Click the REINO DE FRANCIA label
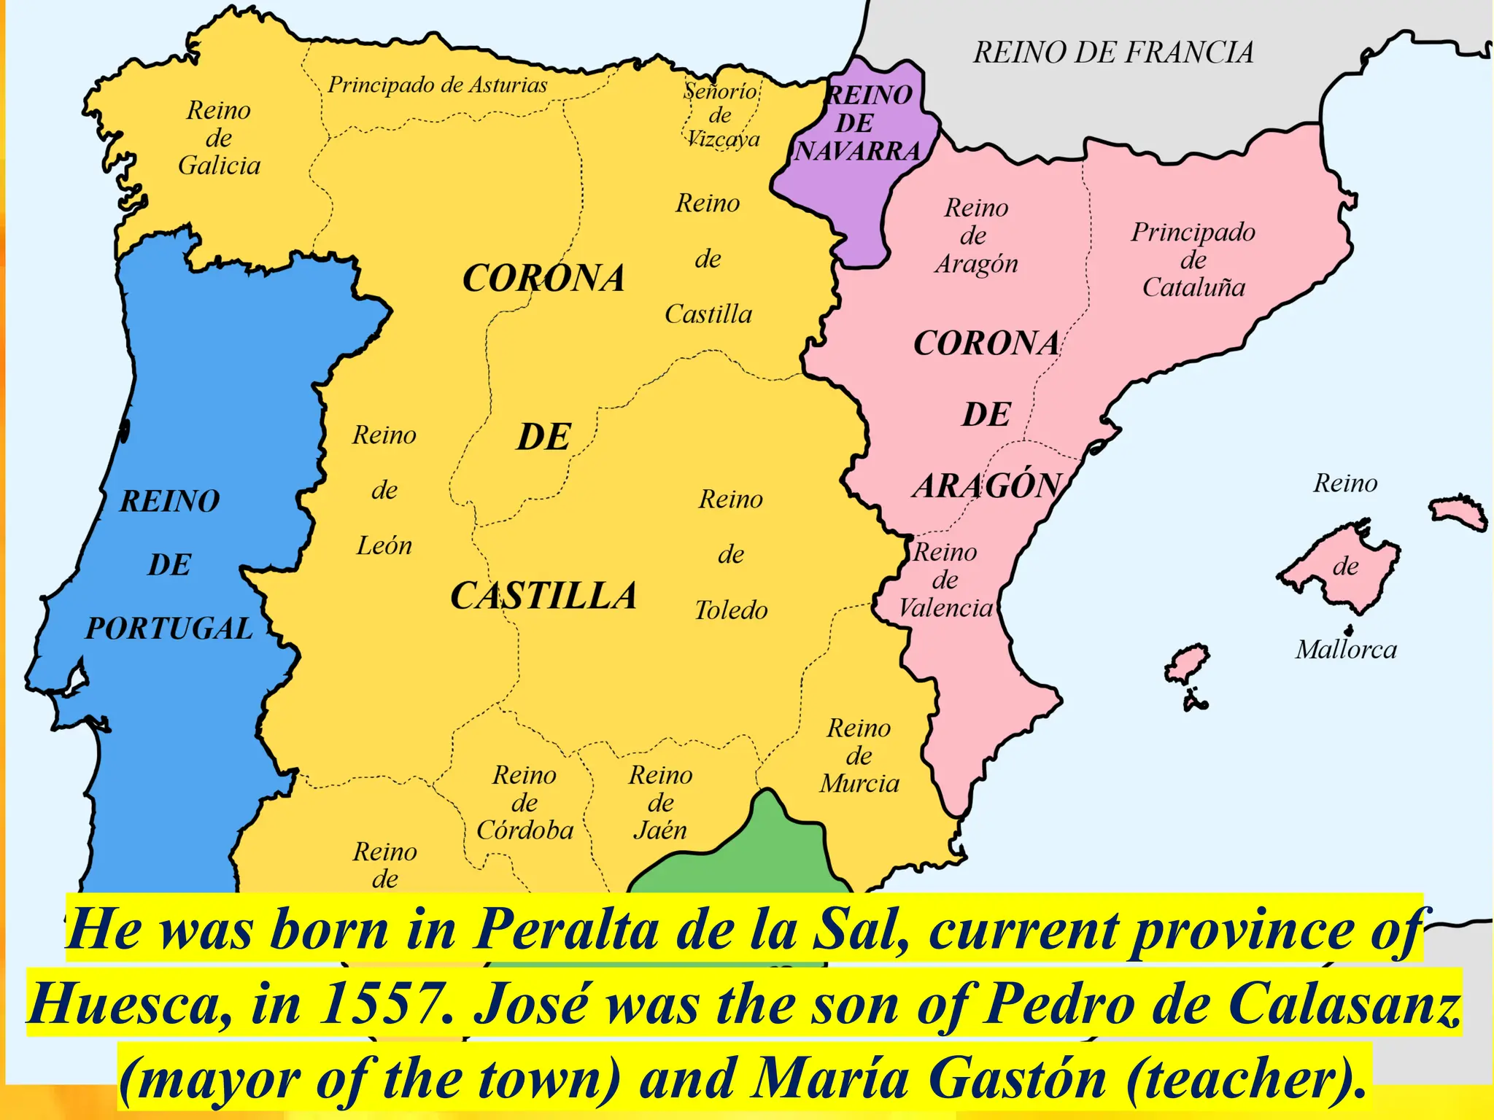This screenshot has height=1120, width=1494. point(1113,52)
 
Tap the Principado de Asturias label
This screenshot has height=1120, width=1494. point(437,85)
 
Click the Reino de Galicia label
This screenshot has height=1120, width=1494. point(219,138)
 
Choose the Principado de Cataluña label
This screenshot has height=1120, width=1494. point(1193,260)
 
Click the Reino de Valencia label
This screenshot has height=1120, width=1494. point(945,580)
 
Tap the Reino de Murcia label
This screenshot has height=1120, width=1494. point(859,755)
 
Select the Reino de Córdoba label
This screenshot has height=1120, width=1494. point(525,802)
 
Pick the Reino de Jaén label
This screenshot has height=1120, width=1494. point(660,802)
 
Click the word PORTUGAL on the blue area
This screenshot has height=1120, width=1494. point(169,629)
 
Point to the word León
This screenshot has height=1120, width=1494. point(384,545)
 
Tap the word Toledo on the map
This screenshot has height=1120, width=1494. point(731,610)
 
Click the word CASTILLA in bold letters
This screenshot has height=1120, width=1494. point(543,596)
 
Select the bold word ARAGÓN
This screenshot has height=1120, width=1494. point(987,486)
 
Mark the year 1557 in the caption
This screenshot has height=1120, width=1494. point(383,1004)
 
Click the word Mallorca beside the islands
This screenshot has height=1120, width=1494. point(1346,650)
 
